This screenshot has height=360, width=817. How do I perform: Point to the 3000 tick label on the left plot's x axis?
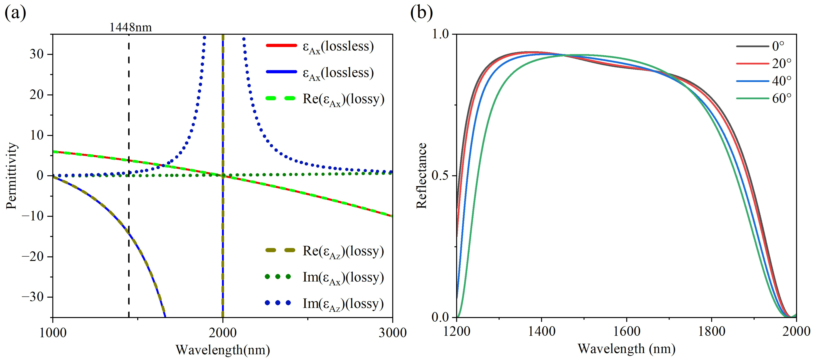point(393,333)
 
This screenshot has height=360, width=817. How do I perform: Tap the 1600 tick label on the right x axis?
point(626,331)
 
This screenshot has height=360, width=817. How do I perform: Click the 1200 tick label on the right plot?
point(456,331)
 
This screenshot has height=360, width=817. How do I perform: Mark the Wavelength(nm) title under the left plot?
point(223,350)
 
